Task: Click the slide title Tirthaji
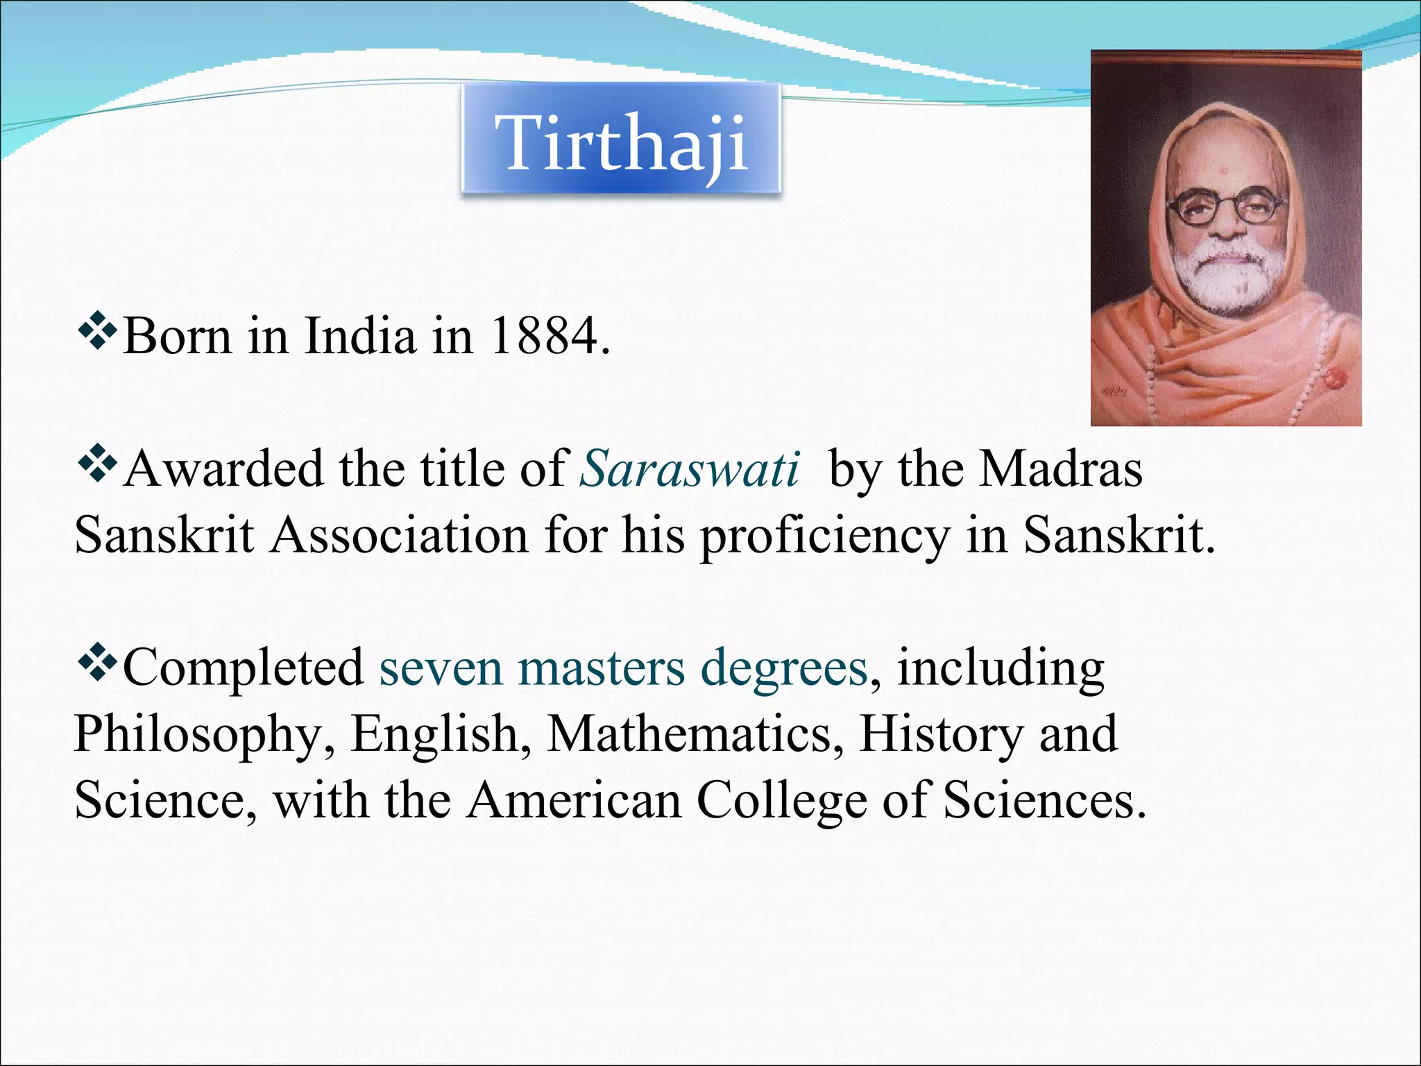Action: (621, 142)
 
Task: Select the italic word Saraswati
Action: (689, 469)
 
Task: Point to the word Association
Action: (400, 536)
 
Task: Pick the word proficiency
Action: (824, 536)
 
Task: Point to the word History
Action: (940, 734)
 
